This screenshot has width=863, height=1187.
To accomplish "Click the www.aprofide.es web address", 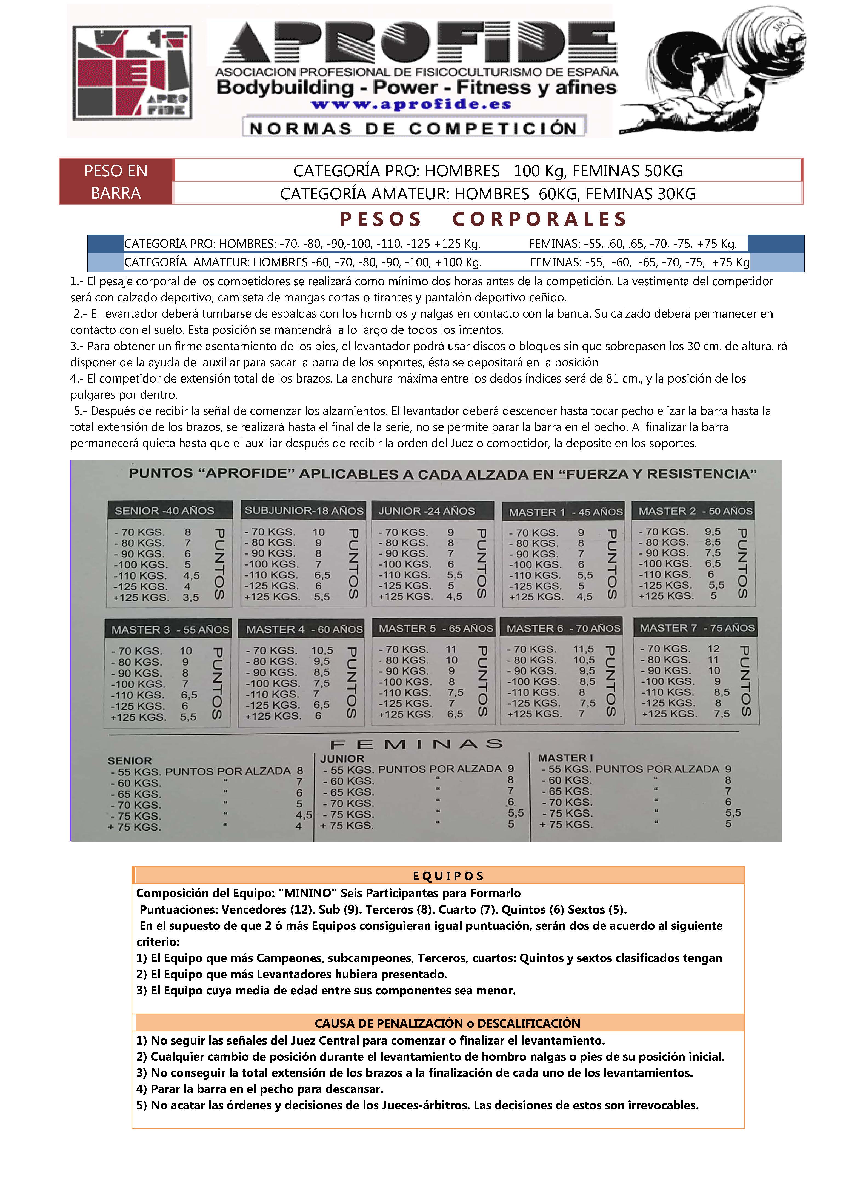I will pos(411,105).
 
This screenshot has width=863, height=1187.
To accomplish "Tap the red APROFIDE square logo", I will pos(132,73).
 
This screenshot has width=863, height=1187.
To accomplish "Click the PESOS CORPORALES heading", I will pos(483,219).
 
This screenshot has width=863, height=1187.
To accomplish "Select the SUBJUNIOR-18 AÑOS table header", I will pos(304,510).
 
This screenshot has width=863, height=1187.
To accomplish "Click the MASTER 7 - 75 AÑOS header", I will pos(697,627).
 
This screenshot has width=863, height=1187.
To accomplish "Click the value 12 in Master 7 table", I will pos(713,649).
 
